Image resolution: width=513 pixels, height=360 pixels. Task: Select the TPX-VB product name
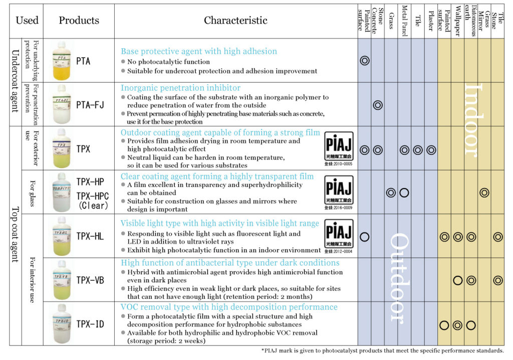point(90,280)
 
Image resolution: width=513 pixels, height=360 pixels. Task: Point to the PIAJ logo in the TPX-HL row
point(339,233)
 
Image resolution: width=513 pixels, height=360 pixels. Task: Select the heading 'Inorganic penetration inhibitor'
point(180,88)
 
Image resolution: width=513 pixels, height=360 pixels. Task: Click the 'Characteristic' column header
point(235,21)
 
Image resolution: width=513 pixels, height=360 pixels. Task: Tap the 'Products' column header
point(79,21)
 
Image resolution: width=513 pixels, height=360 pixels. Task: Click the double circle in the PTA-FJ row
point(378,105)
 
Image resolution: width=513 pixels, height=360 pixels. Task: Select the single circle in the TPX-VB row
point(457,280)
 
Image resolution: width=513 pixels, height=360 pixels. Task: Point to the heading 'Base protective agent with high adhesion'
point(199,51)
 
